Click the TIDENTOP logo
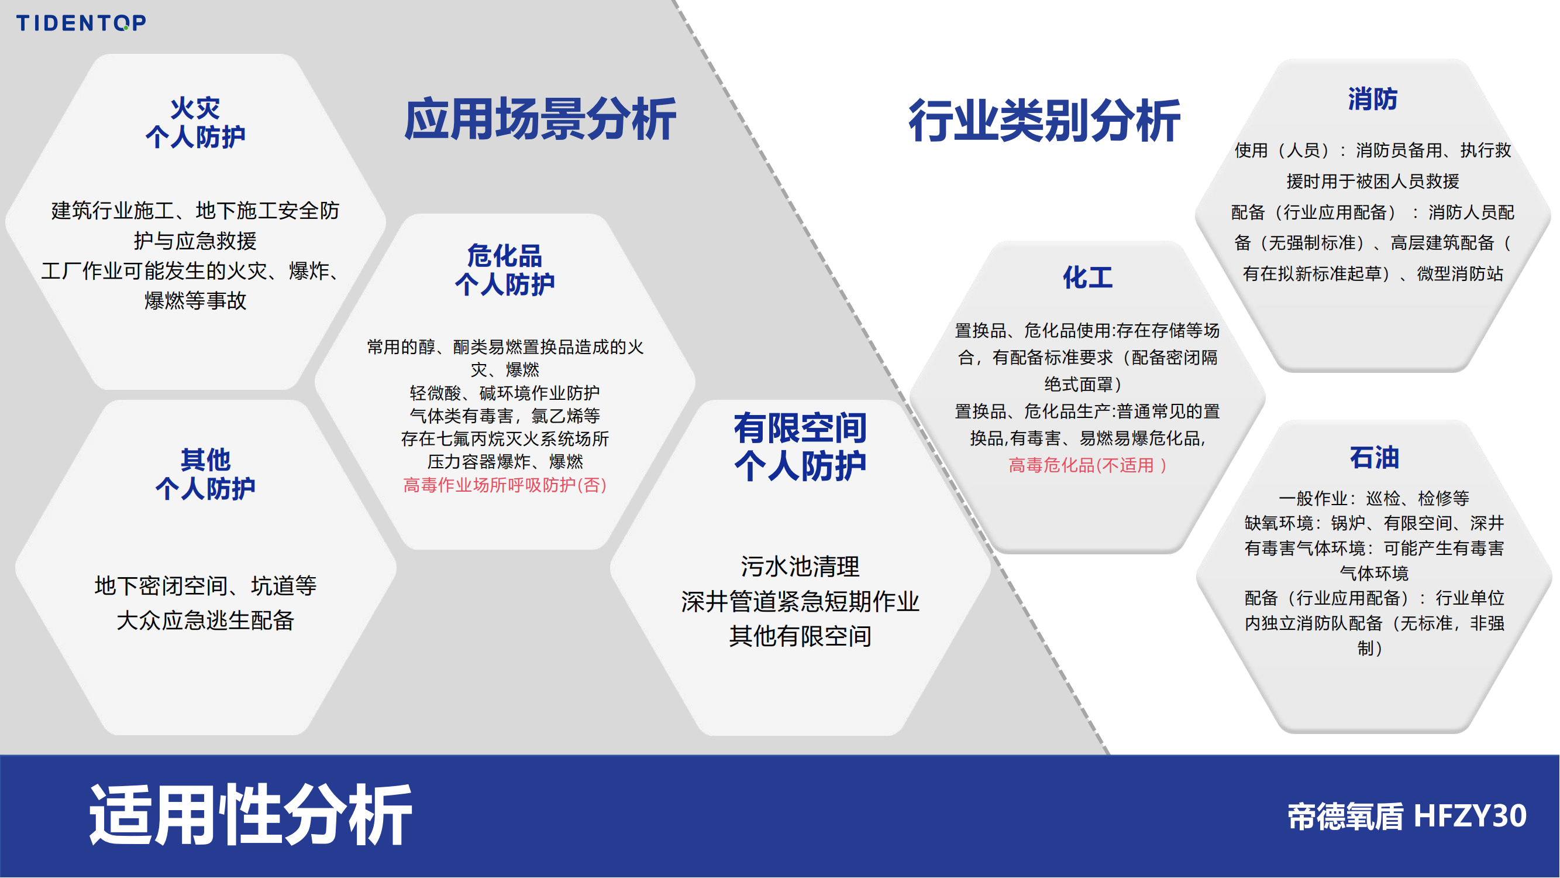coord(81,23)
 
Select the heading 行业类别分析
coord(1045,121)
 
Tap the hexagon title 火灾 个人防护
coord(195,123)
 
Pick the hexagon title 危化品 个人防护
coord(504,270)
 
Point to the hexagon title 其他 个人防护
coord(205,474)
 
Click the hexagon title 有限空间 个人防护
coord(801,447)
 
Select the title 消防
coord(1373,99)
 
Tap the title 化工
coord(1087,277)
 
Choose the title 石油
coord(1374,458)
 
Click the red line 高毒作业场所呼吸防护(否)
coord(505,485)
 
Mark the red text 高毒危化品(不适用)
coord(1087,465)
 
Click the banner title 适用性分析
coord(251,814)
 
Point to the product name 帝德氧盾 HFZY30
coord(1407,816)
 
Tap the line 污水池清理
coord(800,567)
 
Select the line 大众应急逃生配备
coord(205,620)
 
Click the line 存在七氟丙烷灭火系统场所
coord(505,438)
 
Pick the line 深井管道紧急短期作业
coord(800,601)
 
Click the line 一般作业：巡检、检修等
coord(1374,498)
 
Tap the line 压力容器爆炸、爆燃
coord(505,462)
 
